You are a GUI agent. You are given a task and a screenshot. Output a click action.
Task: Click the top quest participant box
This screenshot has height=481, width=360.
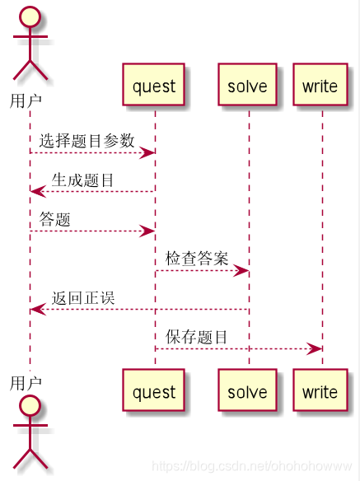tap(154, 85)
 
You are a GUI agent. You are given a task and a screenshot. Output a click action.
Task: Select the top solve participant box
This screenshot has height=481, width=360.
tap(247, 85)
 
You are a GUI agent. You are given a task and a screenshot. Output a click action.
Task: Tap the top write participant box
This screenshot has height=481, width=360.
tap(320, 85)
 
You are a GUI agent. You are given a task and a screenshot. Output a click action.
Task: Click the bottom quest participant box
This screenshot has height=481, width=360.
tap(154, 391)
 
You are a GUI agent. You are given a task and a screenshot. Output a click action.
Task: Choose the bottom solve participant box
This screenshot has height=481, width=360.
tap(247, 391)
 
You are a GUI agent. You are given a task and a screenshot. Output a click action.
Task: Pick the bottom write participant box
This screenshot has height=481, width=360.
tap(320, 391)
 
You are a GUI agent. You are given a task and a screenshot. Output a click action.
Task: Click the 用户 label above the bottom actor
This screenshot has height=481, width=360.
tap(26, 382)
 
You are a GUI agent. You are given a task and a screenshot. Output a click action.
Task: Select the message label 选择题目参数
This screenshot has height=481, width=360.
tap(86, 141)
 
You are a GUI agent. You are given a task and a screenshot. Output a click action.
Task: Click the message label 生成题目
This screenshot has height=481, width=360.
tap(83, 180)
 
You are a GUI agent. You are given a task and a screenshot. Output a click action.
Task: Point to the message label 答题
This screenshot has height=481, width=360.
tap(55, 219)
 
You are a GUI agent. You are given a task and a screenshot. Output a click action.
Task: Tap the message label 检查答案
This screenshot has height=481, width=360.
tap(197, 258)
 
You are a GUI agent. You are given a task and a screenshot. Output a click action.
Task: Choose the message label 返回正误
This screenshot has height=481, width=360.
tap(83, 297)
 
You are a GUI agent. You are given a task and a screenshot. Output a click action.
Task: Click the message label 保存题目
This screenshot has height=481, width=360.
tap(197, 336)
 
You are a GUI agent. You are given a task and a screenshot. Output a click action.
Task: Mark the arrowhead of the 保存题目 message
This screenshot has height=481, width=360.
tap(316, 349)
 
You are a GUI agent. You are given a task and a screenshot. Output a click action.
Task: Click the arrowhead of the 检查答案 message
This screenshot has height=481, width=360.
tap(242, 271)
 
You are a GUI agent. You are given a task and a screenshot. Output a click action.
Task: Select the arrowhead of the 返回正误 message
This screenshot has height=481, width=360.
tap(36, 310)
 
